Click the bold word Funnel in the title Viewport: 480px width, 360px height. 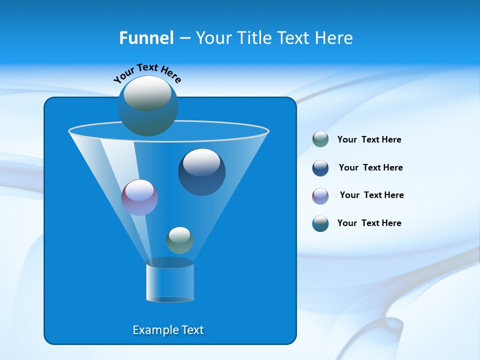click(x=146, y=38)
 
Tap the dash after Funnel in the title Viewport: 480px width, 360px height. click(x=184, y=38)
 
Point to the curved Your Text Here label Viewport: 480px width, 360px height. click(x=147, y=73)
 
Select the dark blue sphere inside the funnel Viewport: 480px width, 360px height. click(x=201, y=172)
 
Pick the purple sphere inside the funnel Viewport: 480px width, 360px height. click(x=139, y=197)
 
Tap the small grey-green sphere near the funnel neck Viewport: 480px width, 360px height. click(x=179, y=240)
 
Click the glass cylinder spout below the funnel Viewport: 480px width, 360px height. click(x=170, y=282)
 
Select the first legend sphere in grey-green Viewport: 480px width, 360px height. click(x=320, y=139)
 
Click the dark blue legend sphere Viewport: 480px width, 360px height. click(x=320, y=168)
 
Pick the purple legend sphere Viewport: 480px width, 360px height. click(x=320, y=196)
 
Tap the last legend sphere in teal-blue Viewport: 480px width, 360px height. click(x=320, y=223)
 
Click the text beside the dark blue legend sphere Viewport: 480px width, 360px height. click(x=370, y=167)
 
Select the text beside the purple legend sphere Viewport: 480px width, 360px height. click(x=371, y=195)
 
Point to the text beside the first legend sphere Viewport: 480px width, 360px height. click(x=369, y=139)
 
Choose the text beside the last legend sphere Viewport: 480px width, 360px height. click(x=369, y=223)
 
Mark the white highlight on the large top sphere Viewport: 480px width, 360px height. click(x=147, y=93)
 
